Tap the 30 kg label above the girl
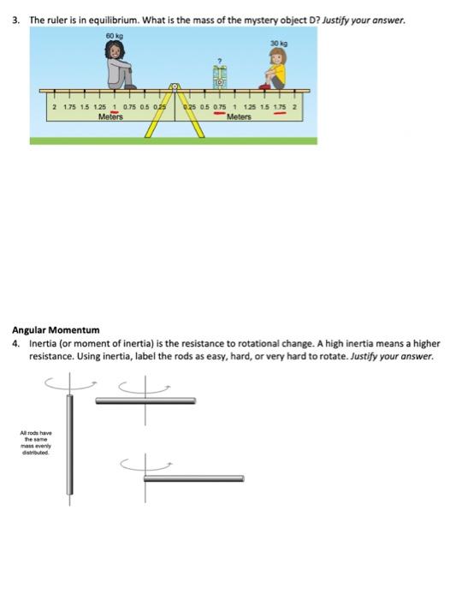[277, 43]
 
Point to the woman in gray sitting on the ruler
[118, 65]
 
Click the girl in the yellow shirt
[275, 69]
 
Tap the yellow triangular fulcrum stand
[175, 116]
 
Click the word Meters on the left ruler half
[111, 116]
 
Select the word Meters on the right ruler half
[240, 116]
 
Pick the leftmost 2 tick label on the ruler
[54, 108]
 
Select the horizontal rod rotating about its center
[145, 400]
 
